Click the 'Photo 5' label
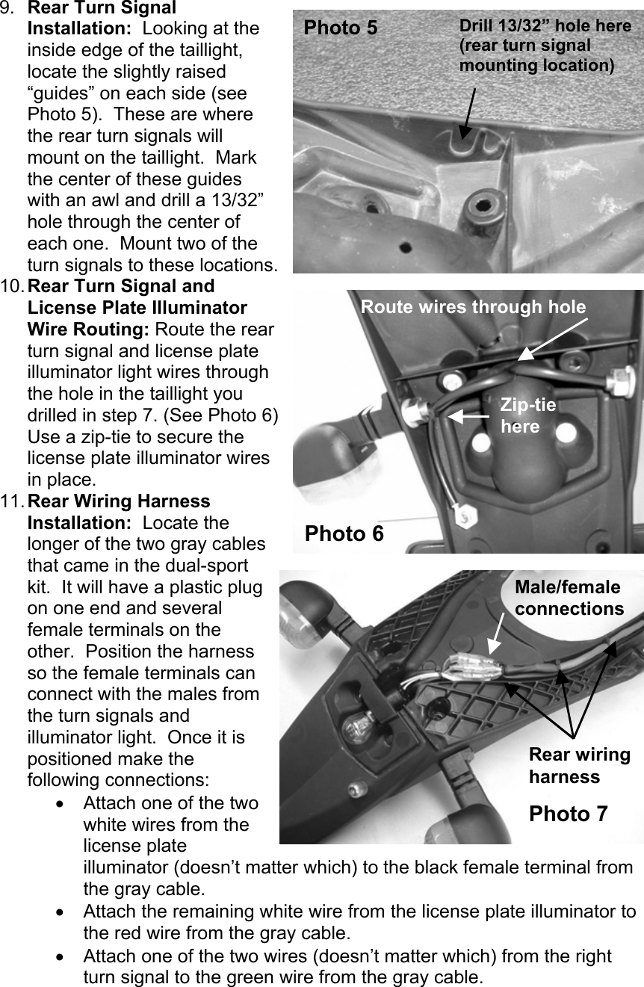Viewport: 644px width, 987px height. tap(341, 28)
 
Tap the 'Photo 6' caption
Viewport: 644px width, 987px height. tap(344, 533)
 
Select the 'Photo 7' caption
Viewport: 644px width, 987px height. tap(568, 814)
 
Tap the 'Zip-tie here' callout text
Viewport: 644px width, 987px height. tap(527, 415)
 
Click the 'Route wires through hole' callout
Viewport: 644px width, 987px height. tap(473, 307)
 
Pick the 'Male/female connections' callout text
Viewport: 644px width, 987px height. tap(569, 598)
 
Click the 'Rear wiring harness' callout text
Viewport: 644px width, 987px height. tap(579, 765)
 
